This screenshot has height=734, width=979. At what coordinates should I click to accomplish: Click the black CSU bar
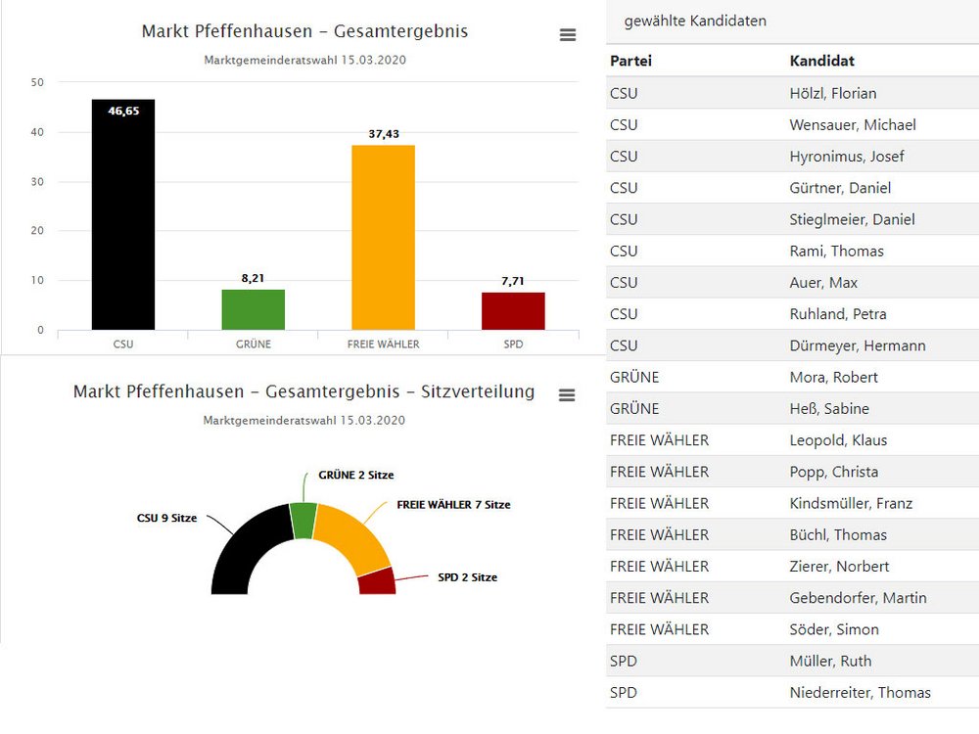123,215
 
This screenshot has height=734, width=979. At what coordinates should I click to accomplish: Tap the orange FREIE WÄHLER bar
383,238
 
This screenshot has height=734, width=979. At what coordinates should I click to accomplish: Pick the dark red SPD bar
513,311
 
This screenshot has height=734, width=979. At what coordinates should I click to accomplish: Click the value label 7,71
513,281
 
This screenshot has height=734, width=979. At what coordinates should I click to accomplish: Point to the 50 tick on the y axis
37,82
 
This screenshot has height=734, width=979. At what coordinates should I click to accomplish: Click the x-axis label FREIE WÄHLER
383,344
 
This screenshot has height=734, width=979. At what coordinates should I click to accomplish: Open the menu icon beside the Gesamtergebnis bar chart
568,35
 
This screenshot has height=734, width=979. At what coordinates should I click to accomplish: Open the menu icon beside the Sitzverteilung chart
566,395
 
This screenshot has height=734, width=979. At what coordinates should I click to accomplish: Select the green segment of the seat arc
303,520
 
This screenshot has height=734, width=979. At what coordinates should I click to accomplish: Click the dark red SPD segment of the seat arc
377,581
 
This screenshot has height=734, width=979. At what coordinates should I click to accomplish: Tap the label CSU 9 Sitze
166,519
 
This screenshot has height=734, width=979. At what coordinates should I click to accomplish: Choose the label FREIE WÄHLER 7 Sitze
453,505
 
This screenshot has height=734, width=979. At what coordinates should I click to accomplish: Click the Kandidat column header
821,61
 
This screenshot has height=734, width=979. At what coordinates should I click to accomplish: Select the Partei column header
630,61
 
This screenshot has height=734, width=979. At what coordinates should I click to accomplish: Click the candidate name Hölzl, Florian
832,94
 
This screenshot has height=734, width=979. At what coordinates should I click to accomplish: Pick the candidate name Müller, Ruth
830,661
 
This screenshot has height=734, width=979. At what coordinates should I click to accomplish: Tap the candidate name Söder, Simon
834,629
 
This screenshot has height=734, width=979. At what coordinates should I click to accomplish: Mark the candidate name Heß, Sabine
829,409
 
